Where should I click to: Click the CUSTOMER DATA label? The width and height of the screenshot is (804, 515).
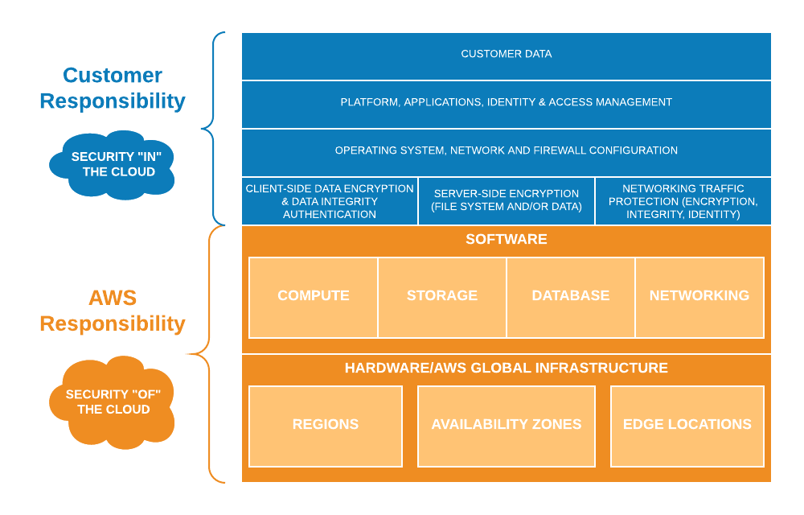pos(507,54)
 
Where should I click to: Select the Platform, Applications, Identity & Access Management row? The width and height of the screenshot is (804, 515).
pos(507,102)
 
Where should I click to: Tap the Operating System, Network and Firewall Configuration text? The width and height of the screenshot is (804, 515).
pos(507,150)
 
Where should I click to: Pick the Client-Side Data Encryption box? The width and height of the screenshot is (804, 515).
pos(330,201)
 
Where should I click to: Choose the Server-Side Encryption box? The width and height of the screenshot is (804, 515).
pos(507,201)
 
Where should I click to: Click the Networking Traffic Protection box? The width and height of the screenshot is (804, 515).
pos(683,201)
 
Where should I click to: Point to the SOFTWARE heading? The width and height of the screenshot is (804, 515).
pos(507,239)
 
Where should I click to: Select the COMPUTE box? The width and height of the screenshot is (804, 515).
pos(314,296)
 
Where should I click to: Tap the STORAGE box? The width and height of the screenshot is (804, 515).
pos(442,296)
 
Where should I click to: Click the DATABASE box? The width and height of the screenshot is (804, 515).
pos(571,296)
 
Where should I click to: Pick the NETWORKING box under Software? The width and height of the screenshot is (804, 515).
pos(699,296)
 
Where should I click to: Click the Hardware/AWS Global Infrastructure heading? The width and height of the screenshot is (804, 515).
pos(507,368)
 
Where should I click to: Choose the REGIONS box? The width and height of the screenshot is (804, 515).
pos(326,425)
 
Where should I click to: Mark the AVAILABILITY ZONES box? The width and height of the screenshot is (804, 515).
pos(507,425)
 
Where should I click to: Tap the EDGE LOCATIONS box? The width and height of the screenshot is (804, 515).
pos(687,425)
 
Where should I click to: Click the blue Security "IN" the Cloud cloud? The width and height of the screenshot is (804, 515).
pos(113,164)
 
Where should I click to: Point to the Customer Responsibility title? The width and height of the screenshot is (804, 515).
pos(113,89)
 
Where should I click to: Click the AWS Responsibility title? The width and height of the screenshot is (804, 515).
pos(113,311)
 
